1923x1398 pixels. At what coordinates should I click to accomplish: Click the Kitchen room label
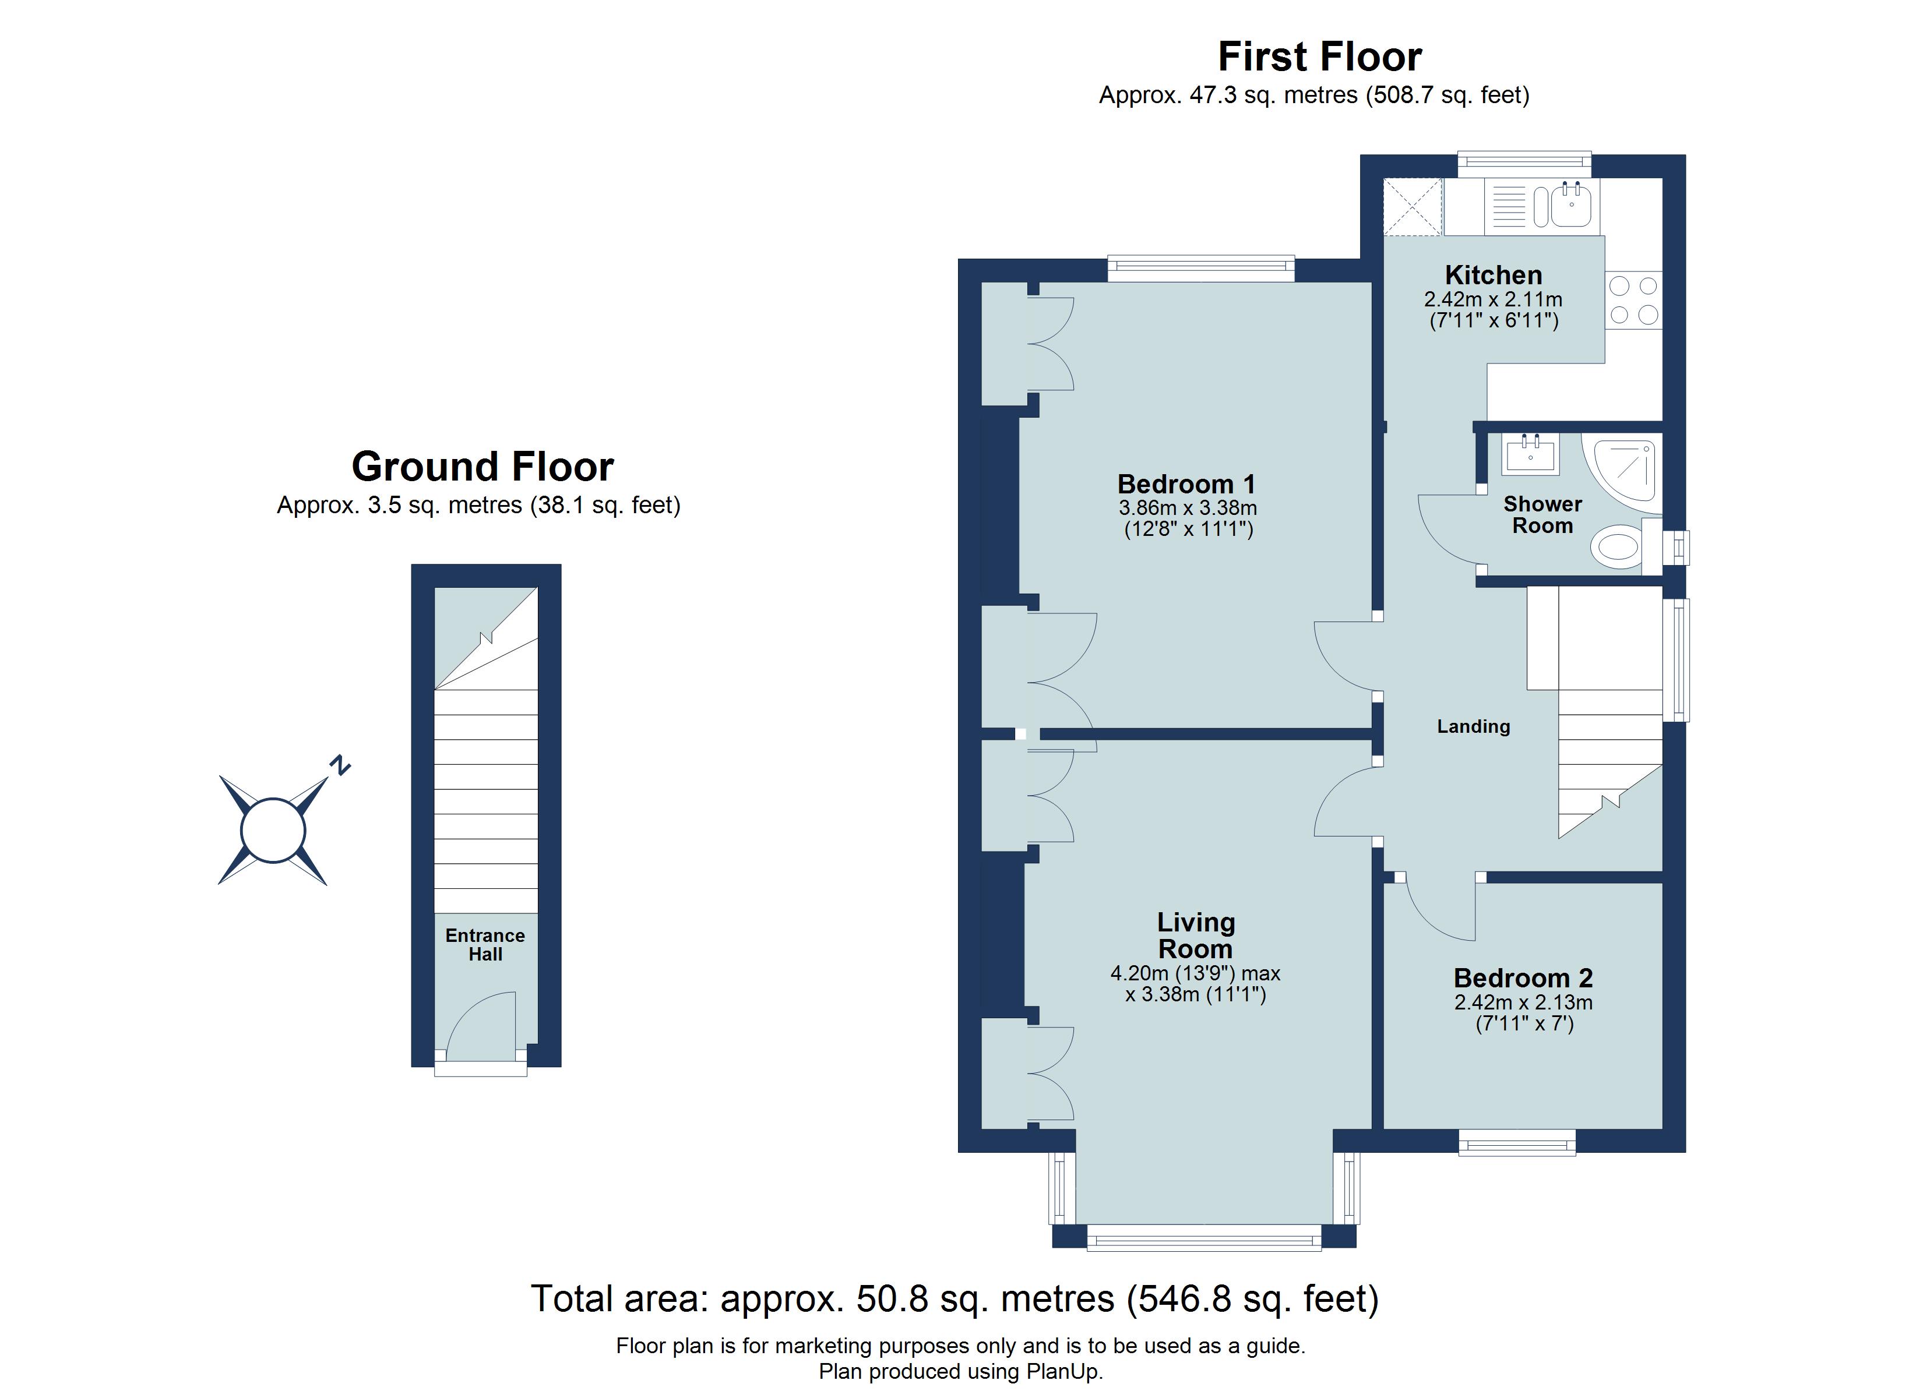pos(1493,276)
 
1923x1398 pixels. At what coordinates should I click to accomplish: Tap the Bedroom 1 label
pos(1186,484)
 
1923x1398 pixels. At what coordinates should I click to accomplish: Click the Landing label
pos(1474,726)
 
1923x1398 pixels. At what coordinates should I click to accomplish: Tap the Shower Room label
pos(1542,514)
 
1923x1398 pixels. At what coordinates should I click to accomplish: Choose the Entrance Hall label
pos(485,944)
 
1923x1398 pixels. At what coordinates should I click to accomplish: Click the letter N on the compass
pos(340,765)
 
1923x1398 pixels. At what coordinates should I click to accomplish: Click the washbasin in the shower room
pos(1530,454)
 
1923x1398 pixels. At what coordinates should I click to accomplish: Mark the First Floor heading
pos(1320,57)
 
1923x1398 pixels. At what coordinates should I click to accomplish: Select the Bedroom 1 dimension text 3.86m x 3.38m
pos(1188,509)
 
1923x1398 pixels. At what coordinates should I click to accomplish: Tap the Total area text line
pos(955,1299)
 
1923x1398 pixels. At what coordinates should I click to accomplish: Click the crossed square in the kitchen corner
pos(1412,206)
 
